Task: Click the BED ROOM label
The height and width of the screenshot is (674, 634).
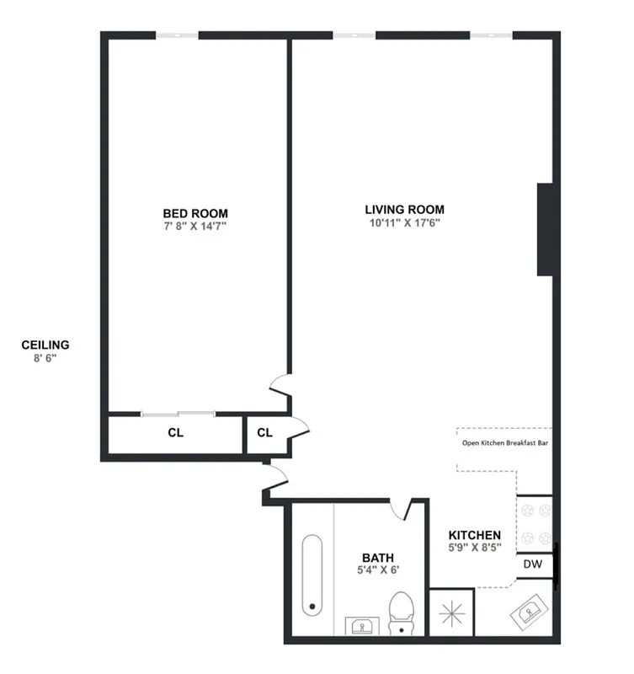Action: coord(195,213)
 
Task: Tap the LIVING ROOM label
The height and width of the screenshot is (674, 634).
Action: coord(404,210)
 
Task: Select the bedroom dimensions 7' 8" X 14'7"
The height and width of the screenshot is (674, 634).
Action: coord(195,226)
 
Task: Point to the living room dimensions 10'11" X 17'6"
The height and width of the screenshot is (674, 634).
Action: coord(404,223)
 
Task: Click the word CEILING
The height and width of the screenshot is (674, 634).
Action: coord(45,345)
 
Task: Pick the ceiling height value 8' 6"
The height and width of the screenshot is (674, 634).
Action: coord(45,357)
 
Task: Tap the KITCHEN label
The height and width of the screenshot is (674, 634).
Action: coord(474,535)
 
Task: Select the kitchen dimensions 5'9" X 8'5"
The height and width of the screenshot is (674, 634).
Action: coord(474,548)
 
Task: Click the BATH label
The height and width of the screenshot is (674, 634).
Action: coord(377,557)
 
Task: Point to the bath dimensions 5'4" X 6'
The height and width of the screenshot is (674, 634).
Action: coord(377,570)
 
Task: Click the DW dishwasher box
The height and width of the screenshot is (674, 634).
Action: coord(533,564)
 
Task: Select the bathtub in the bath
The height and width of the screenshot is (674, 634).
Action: coord(312,574)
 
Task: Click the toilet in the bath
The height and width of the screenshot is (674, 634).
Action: coord(402,611)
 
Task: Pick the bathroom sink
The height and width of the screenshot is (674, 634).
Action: coord(363,626)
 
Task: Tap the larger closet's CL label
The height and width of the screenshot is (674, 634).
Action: coord(175,434)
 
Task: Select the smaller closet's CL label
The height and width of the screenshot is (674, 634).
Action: coord(264,434)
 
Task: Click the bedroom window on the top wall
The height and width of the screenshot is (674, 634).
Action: coord(177,35)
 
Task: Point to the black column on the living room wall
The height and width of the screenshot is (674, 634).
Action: coord(545,228)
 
